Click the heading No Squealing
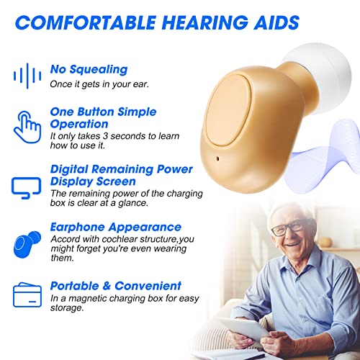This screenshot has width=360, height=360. [89, 70]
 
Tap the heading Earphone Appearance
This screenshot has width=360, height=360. [115, 227]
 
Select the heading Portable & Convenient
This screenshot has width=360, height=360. [115, 285]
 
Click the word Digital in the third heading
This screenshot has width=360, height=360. [70, 169]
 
